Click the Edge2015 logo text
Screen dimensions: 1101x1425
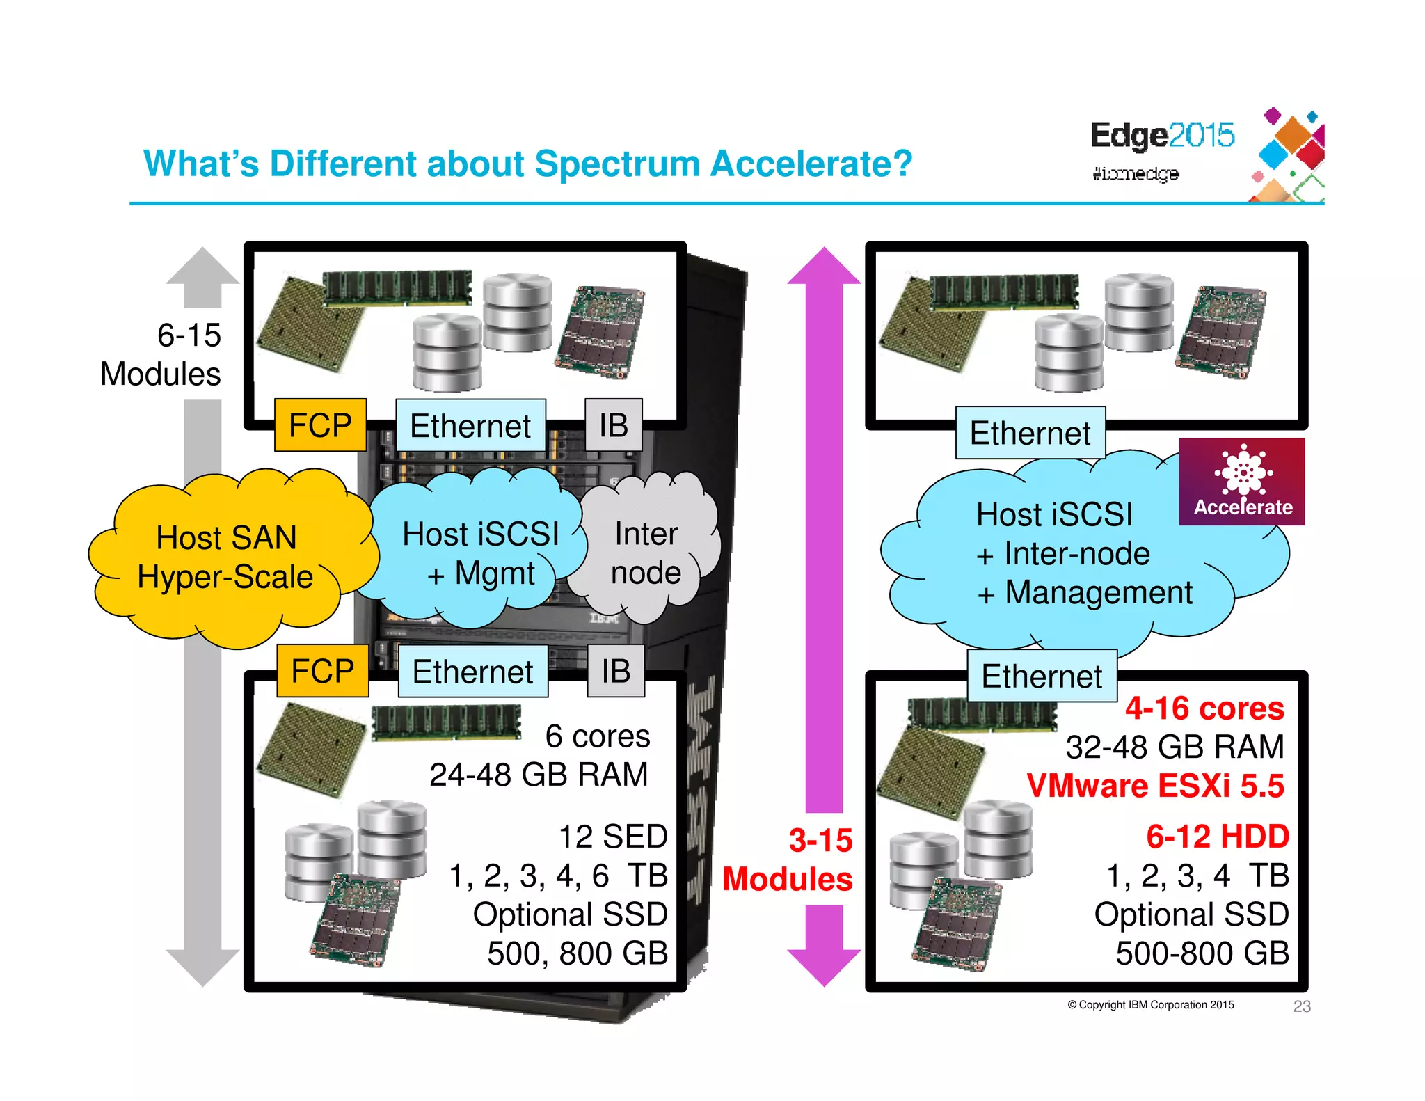coord(1162,136)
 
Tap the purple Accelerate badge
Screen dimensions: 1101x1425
coord(1242,482)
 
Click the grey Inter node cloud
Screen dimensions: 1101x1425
coord(646,553)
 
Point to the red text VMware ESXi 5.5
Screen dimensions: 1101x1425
coord(1155,786)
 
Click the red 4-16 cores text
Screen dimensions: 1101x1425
coord(1204,708)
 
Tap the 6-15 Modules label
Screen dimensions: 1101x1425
coord(161,354)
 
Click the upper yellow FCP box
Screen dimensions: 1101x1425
coord(321,425)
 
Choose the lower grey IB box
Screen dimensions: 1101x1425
coord(616,672)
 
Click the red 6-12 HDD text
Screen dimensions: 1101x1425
coord(1218,837)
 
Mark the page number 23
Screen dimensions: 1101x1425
coord(1302,1006)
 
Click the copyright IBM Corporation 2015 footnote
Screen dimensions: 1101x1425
coord(1151,1005)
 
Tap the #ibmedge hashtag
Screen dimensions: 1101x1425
coord(1136,173)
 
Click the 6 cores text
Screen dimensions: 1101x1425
coord(597,736)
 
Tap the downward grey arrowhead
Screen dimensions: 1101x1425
coord(202,967)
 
